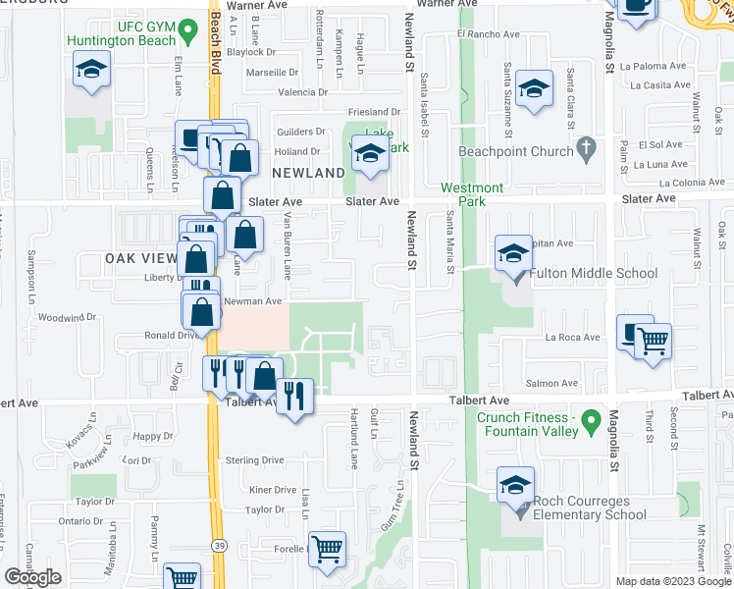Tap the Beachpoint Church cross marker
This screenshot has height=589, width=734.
click(x=586, y=151)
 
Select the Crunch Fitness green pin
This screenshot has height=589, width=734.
click(x=590, y=423)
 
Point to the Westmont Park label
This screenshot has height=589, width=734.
click(x=472, y=194)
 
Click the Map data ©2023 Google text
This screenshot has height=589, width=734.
click(x=673, y=581)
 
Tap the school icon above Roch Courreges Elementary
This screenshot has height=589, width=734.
click(x=515, y=485)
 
